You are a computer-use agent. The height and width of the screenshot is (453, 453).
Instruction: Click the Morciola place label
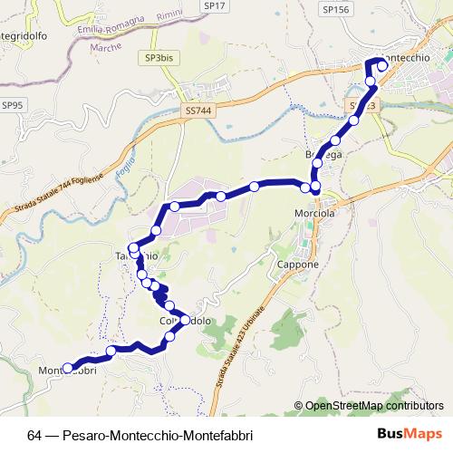coord(315,214)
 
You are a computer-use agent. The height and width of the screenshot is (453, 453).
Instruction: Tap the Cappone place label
coord(297,265)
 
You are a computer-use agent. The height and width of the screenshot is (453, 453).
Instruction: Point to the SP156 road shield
coord(334,9)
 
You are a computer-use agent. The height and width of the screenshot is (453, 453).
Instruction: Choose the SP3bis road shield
coord(157,58)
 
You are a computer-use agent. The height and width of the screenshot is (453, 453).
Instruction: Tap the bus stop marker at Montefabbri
coord(67,368)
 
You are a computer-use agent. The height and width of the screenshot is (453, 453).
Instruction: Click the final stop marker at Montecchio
coord(382,64)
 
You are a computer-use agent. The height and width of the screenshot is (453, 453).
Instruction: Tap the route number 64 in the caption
coord(34,435)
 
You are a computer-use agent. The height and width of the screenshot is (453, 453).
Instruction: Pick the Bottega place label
coord(323,156)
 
